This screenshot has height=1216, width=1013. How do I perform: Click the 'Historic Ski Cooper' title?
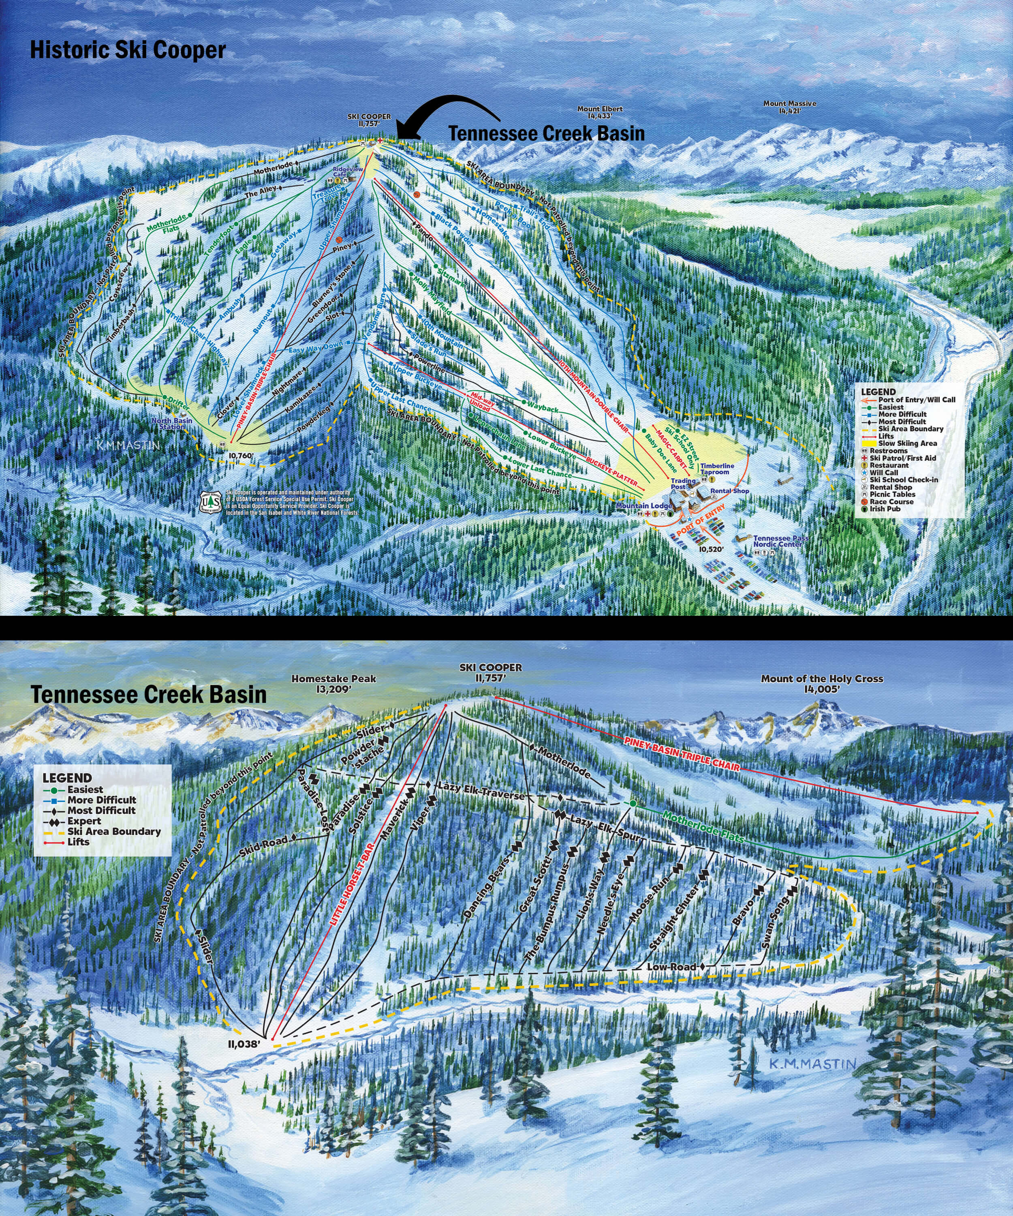(127, 50)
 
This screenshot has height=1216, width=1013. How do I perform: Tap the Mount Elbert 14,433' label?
(600, 112)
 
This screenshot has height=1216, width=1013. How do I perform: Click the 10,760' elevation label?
(240, 456)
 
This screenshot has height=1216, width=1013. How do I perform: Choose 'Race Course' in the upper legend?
(891, 501)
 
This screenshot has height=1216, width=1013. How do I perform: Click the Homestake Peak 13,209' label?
(333, 683)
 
